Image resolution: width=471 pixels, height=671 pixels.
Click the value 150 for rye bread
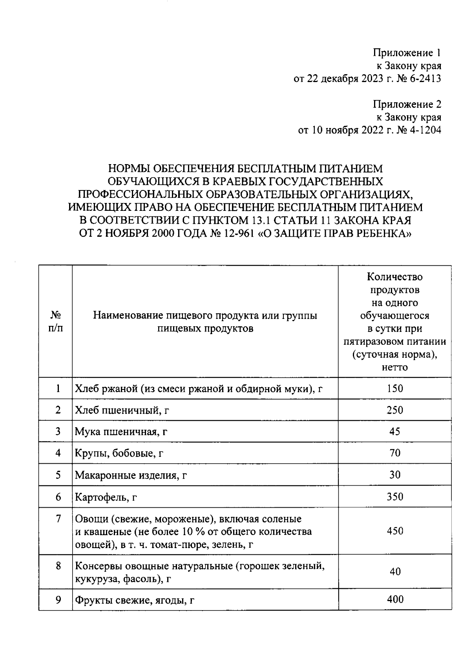(x=394, y=389)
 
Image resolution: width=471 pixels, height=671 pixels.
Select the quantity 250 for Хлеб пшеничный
(x=394, y=410)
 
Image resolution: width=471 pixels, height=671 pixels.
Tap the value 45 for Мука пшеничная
(x=394, y=431)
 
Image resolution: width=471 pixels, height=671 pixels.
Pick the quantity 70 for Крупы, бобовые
(x=394, y=453)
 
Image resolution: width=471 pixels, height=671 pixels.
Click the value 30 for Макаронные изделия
(x=394, y=475)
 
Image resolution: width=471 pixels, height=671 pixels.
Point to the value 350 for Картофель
(x=394, y=497)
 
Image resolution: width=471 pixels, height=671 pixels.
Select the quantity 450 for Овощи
(x=394, y=531)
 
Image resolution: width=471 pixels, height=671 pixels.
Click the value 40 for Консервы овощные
(x=394, y=572)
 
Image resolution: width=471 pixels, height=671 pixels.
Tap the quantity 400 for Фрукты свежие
(x=394, y=599)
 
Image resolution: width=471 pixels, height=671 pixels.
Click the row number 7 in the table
(x=58, y=519)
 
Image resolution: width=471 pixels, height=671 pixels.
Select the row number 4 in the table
(x=58, y=453)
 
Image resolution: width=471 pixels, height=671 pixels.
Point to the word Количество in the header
(x=394, y=277)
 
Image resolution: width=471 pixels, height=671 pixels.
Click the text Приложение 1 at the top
(x=407, y=53)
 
